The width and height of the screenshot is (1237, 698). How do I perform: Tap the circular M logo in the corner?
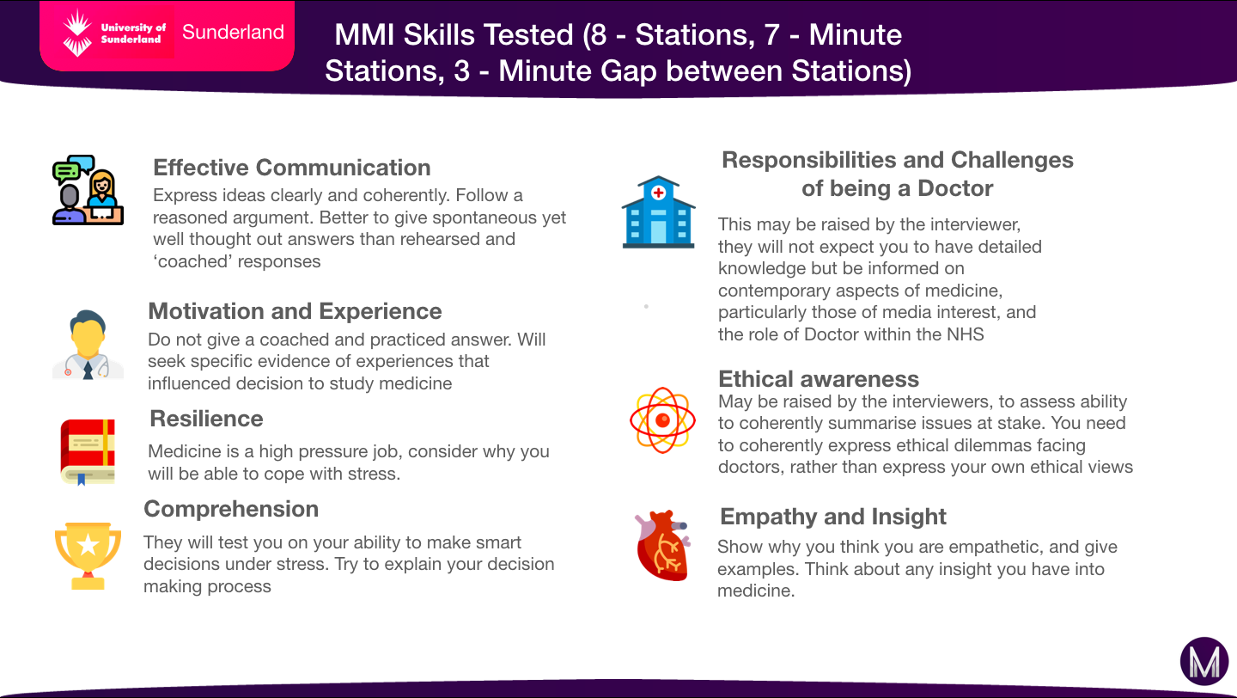pyautogui.click(x=1204, y=661)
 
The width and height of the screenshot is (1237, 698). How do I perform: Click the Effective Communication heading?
pyautogui.click(x=291, y=168)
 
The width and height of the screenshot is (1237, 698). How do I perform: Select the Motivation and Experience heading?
pyautogui.click(x=295, y=311)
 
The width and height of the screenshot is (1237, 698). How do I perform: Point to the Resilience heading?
pyautogui.click(x=206, y=419)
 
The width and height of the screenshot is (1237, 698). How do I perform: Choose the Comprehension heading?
pyautogui.click(x=231, y=509)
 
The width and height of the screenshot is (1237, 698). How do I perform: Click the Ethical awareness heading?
pyautogui.click(x=819, y=379)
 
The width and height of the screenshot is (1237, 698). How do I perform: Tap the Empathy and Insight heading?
pyautogui.click(x=832, y=517)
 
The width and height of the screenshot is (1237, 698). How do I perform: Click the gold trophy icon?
pyautogui.click(x=88, y=556)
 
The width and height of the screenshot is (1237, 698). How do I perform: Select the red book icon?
pyautogui.click(x=88, y=452)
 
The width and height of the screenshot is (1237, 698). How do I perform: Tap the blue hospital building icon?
pyautogui.click(x=658, y=212)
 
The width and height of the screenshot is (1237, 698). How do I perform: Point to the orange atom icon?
pyautogui.click(x=662, y=420)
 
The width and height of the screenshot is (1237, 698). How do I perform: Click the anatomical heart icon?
pyautogui.click(x=662, y=545)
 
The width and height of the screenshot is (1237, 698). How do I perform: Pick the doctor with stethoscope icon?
pyautogui.click(x=88, y=345)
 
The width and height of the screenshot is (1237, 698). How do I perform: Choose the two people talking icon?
pyautogui.click(x=88, y=190)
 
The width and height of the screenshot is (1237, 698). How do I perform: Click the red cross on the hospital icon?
pyautogui.click(x=658, y=193)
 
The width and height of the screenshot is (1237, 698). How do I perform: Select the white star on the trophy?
pyautogui.click(x=88, y=546)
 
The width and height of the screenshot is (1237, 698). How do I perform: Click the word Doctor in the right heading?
pyautogui.click(x=955, y=188)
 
